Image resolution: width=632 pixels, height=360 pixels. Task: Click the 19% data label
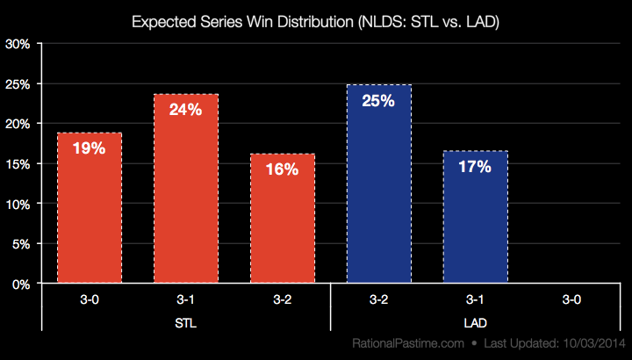89,148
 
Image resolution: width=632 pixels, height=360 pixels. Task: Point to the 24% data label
185,110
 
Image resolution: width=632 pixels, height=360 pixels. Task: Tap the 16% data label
282,169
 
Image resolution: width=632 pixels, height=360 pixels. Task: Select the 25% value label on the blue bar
378,100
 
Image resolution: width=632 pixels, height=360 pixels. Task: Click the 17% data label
475,166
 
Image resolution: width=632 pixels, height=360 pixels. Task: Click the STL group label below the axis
185,323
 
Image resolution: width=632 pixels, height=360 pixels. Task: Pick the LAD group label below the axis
475,323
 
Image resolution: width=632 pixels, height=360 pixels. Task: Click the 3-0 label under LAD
571,299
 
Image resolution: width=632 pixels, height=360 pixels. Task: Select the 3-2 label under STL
282,299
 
